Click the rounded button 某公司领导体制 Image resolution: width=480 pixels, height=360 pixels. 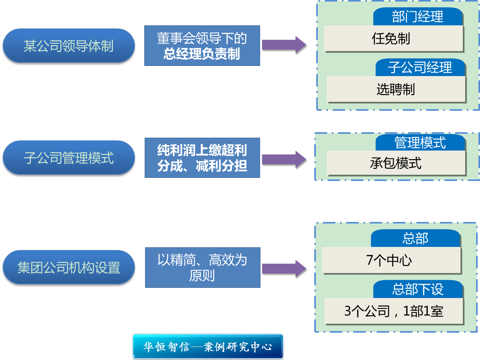pyautogui.click(x=69, y=46)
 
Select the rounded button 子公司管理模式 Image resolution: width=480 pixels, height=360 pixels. pyautogui.click(x=69, y=158)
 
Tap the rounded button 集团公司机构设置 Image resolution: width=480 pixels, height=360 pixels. pyautogui.click(x=69, y=268)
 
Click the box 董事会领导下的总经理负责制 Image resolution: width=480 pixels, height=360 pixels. pyautogui.click(x=202, y=46)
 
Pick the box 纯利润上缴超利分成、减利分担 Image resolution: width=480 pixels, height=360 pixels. pyautogui.click(x=202, y=158)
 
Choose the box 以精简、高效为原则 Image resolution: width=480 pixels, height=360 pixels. pyautogui.click(x=202, y=268)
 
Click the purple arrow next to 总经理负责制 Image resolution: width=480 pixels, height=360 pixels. pyautogui.click(x=284, y=45)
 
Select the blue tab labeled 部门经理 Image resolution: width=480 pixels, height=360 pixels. pyautogui.click(x=418, y=17)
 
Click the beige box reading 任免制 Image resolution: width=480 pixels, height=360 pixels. pyautogui.click(x=393, y=39)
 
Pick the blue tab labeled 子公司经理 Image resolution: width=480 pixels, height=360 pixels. pyautogui.click(x=420, y=67)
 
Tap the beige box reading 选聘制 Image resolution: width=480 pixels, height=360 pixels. pyautogui.click(x=396, y=89)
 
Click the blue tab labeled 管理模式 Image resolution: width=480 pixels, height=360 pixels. pyautogui.click(x=420, y=142)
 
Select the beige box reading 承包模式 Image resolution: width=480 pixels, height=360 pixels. pyautogui.click(x=396, y=163)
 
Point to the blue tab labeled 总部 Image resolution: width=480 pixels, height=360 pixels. pyautogui.click(x=415, y=238)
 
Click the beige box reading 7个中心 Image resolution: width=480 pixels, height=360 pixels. pyautogui.click(x=391, y=260)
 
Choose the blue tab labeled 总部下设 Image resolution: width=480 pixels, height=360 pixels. pyautogui.click(x=418, y=289)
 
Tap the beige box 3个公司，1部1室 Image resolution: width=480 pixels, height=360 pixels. pyautogui.click(x=393, y=311)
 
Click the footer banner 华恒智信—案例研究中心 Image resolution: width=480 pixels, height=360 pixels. pyautogui.click(x=208, y=346)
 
